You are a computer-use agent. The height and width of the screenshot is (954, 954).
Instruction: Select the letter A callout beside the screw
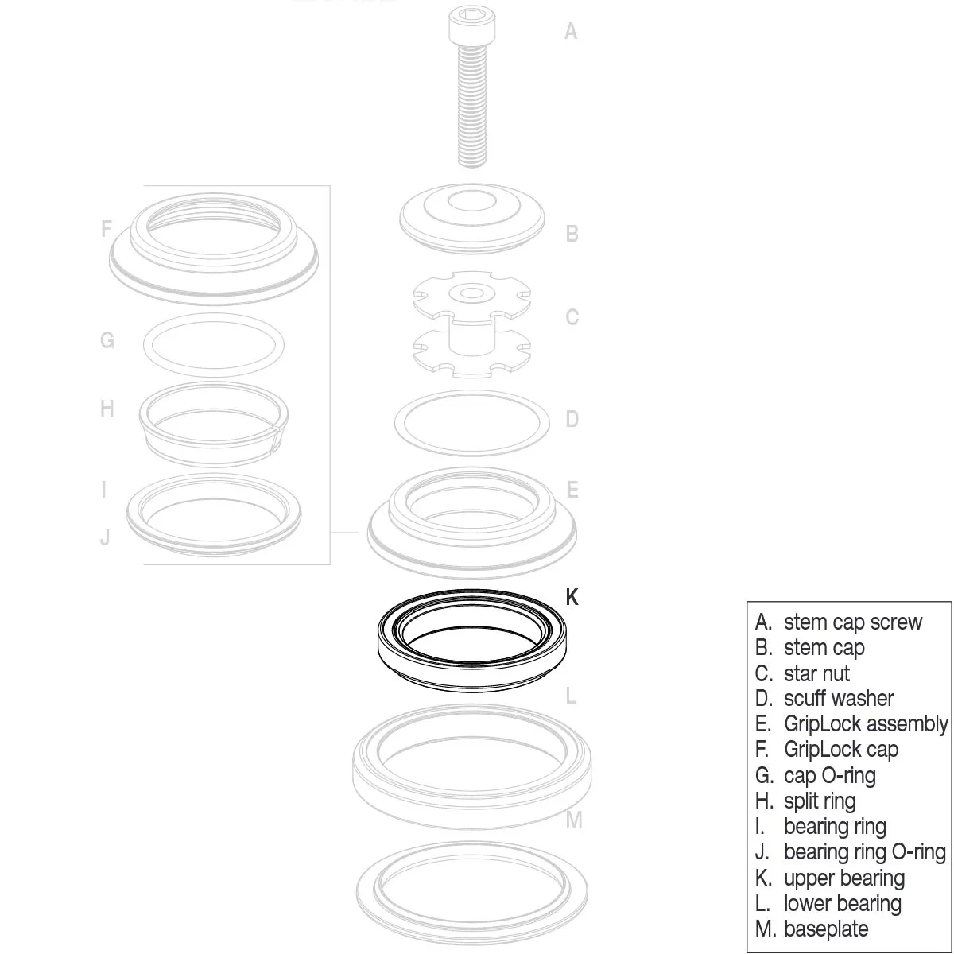click(x=570, y=32)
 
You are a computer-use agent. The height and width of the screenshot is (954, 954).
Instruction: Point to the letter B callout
click(x=571, y=234)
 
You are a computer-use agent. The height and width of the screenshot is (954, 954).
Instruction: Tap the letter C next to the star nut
click(x=571, y=317)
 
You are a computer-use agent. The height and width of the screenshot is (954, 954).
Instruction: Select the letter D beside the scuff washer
click(x=571, y=419)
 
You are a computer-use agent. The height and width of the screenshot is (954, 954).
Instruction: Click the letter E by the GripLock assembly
click(x=572, y=490)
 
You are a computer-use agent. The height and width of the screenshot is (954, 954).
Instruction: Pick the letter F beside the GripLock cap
click(x=107, y=229)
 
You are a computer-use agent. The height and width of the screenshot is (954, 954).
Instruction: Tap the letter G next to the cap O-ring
click(x=107, y=341)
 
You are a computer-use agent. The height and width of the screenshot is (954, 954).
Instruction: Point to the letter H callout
click(x=107, y=409)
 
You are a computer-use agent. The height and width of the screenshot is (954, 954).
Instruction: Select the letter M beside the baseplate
click(x=574, y=820)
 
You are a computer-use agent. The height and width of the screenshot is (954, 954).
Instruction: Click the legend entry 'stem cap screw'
click(x=852, y=622)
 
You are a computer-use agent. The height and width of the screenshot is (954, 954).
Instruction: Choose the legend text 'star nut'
click(x=816, y=673)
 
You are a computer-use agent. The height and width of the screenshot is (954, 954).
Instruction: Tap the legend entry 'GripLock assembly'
click(x=865, y=723)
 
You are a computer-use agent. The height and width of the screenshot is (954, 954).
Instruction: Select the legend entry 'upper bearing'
click(x=843, y=878)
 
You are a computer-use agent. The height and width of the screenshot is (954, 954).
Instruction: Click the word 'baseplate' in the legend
click(x=826, y=929)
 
